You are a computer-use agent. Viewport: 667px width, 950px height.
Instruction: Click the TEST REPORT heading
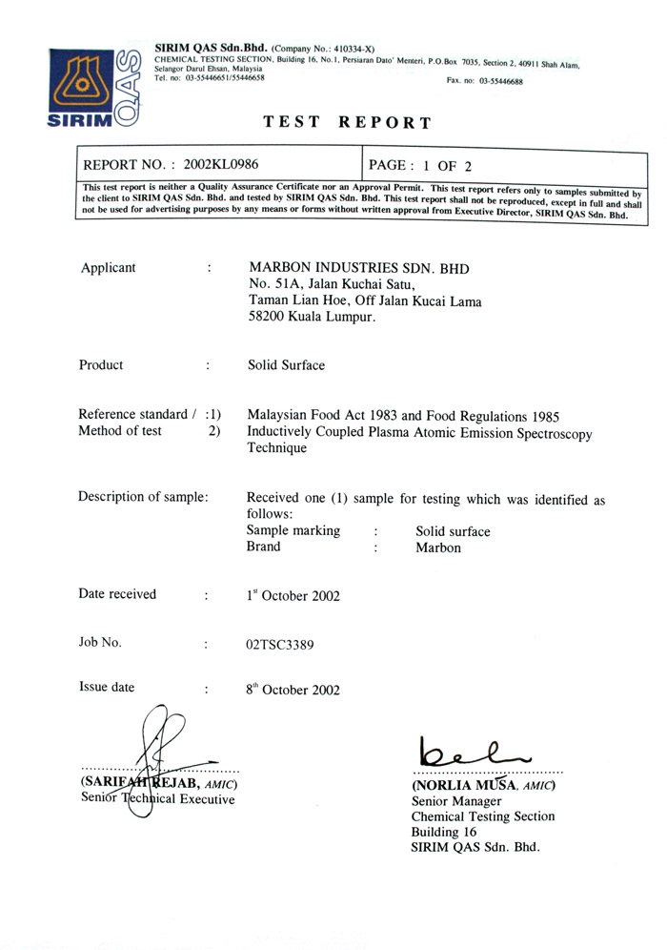click(347, 122)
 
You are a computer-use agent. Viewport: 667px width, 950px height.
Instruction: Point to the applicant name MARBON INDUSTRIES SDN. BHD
click(358, 268)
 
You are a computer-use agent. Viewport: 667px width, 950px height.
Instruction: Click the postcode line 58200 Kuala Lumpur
click(312, 320)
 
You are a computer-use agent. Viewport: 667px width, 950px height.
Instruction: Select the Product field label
click(101, 364)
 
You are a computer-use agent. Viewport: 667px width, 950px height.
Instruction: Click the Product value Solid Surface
click(286, 365)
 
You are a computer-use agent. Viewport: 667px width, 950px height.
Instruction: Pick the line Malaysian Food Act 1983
click(403, 415)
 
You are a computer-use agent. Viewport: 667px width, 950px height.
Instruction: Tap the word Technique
click(276, 449)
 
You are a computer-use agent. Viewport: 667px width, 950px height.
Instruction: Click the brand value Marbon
click(438, 548)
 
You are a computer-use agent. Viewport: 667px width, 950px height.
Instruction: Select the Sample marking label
click(293, 531)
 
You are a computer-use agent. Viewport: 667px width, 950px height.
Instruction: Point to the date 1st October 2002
click(293, 596)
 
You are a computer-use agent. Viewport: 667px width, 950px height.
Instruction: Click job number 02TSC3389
click(280, 644)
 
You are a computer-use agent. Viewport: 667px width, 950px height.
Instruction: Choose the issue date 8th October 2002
click(293, 689)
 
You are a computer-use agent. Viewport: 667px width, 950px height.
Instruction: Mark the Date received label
click(117, 594)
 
